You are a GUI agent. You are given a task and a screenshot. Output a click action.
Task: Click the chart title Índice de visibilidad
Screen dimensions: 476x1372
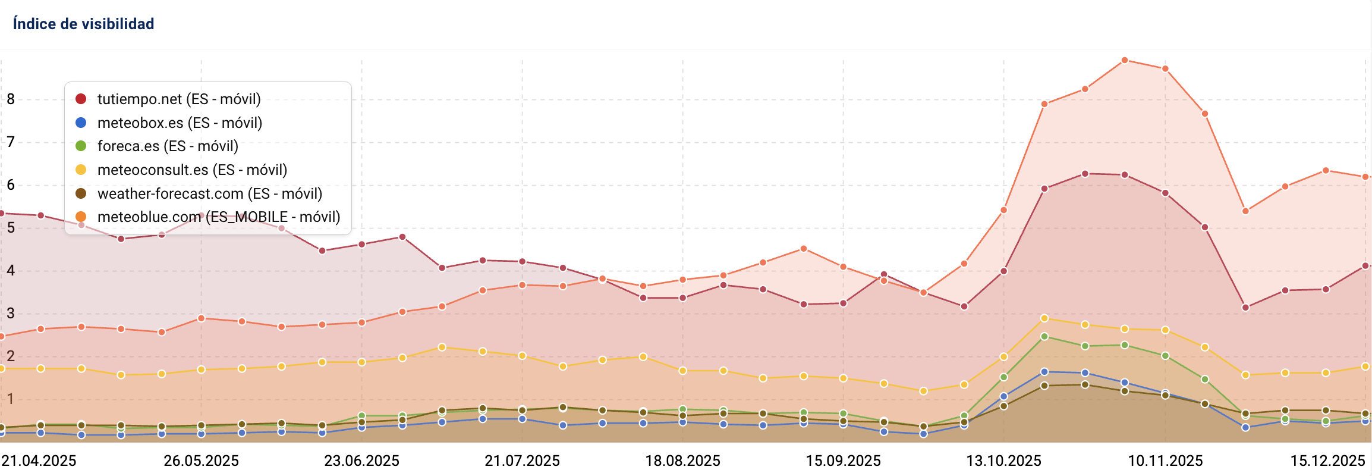pos(83,24)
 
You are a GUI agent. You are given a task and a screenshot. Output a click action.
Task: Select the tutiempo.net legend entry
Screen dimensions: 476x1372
pos(178,99)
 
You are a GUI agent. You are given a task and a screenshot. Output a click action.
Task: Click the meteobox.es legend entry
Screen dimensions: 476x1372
pos(180,123)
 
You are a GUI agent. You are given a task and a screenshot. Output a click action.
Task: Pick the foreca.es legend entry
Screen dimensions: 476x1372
pos(168,146)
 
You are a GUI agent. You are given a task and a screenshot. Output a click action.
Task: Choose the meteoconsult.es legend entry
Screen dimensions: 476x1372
pos(192,170)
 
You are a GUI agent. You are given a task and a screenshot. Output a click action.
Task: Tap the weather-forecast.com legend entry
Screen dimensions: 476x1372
pos(209,193)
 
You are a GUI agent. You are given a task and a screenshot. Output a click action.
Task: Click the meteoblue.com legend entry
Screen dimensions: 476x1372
pos(218,217)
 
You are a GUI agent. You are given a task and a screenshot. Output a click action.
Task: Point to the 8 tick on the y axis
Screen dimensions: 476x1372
pos(11,99)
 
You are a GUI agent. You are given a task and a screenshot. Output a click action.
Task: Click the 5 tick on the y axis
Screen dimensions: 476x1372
pos(11,227)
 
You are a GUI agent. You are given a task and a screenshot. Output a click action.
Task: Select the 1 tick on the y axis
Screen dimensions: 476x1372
pos(11,399)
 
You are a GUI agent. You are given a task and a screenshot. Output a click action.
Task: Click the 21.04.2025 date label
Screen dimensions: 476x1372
pos(39,461)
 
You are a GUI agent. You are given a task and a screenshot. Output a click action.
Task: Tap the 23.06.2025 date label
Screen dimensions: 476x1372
pos(361,461)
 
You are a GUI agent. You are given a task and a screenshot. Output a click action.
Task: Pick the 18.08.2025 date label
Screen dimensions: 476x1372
pos(682,461)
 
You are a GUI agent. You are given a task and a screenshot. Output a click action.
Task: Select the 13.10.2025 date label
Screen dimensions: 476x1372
pos(1003,461)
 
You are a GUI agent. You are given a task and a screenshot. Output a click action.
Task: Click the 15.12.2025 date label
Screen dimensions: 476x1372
pos(1327,461)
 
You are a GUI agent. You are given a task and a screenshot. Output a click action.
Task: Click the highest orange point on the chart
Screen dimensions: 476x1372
pos(1125,61)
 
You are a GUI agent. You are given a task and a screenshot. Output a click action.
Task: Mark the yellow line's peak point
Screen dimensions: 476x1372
pos(1044,318)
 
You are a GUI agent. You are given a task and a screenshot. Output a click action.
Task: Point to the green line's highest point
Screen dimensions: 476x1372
pos(1044,337)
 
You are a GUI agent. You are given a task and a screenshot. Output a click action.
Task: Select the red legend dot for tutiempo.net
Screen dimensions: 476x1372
pos(81,99)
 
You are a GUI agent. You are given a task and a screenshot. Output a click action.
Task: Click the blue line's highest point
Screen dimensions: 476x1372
pos(1044,372)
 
